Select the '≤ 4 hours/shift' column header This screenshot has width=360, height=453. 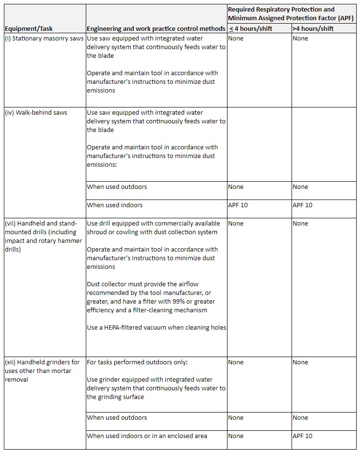point(250,28)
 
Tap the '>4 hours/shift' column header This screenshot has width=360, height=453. point(313,28)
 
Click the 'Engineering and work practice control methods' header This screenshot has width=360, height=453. point(156,28)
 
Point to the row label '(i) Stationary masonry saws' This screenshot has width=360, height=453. point(44,38)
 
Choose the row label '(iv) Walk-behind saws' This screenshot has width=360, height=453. point(36,112)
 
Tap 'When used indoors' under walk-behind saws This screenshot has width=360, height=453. point(115,205)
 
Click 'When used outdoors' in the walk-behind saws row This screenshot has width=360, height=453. point(117,187)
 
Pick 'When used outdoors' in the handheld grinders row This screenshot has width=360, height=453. point(117,417)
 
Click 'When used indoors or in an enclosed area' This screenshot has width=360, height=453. point(147,436)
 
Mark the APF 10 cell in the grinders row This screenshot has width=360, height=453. point(302,436)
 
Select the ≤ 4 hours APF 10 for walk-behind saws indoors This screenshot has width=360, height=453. point(238,205)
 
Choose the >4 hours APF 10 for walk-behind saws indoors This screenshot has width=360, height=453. point(302,205)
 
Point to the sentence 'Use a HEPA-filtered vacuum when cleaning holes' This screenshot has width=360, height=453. point(156,327)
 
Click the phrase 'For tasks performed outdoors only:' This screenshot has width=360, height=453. point(137,362)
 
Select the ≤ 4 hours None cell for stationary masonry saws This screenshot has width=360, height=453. point(236,38)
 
